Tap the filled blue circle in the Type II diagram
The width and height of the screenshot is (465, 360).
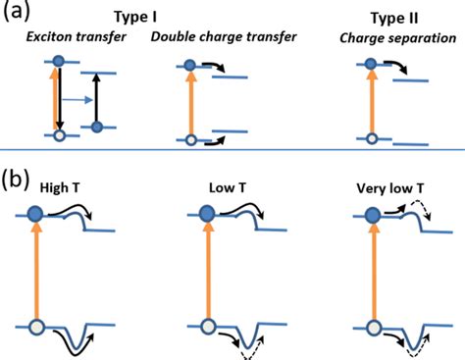[x=370, y=64]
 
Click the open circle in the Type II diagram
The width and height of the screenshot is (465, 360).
[x=370, y=138]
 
